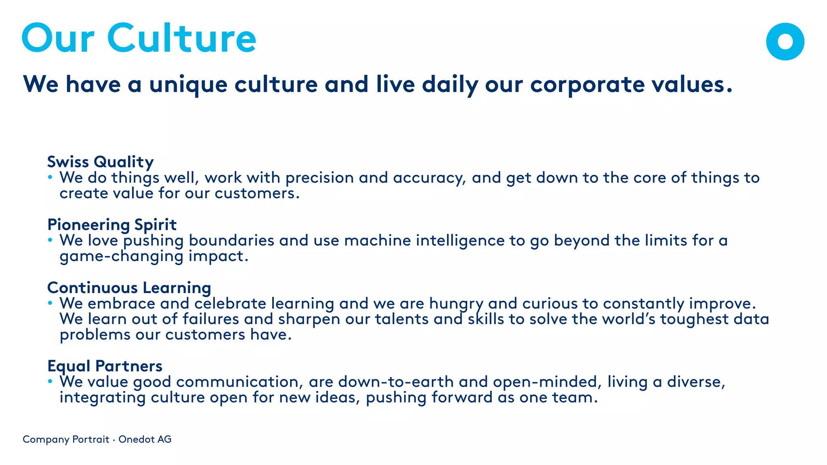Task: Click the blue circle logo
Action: point(785,42)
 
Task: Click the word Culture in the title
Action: point(181,38)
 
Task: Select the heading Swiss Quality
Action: point(100,162)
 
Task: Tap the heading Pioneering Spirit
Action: point(112,225)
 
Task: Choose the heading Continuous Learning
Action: point(129,288)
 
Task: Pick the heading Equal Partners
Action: point(105,366)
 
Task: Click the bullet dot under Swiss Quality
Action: point(50,177)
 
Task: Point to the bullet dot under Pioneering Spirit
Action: point(50,240)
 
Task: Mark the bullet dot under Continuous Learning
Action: point(50,303)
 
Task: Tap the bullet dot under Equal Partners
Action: point(50,381)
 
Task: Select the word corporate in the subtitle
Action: point(587,84)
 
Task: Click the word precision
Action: point(319,178)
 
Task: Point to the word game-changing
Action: point(122,256)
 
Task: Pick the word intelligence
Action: point(460,241)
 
